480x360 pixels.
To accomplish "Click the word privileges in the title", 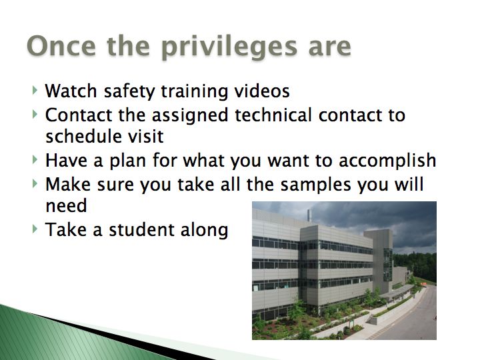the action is click(x=229, y=47).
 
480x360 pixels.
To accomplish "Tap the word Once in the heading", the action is click(x=61, y=45).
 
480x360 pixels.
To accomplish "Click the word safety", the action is click(x=129, y=91).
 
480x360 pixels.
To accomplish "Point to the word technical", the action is click(x=273, y=115).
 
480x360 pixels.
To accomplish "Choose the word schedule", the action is click(x=83, y=136).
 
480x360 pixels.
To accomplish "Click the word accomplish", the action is click(x=387, y=161).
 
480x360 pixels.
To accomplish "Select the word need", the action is click(x=66, y=205).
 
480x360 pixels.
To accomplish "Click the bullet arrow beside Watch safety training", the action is click(x=35, y=90).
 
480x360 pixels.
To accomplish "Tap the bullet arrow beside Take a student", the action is click(x=35, y=229).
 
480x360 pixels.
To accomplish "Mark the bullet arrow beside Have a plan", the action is click(x=35, y=160).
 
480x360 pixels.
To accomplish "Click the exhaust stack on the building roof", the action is click(x=309, y=215).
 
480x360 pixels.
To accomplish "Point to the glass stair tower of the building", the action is click(x=387, y=265).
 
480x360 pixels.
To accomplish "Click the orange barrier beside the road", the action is click(x=423, y=285).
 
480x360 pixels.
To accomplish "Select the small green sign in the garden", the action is click(x=353, y=323).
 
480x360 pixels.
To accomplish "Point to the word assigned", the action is click(x=190, y=116).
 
